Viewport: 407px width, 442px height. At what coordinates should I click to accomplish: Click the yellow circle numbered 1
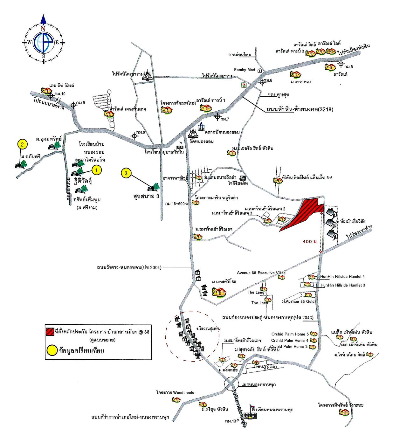[x=97, y=170]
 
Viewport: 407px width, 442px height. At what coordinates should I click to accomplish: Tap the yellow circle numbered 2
[x=22, y=144]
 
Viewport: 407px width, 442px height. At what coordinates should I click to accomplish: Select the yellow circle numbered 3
[x=127, y=173]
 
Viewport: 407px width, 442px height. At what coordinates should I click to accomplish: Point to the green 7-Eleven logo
[x=244, y=85]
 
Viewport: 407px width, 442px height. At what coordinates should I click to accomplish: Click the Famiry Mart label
[x=245, y=70]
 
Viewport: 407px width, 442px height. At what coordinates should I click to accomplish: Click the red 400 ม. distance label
[x=310, y=242]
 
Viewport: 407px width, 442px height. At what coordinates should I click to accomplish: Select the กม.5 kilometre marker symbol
[x=341, y=64]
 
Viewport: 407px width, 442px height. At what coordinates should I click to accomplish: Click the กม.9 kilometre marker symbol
[x=73, y=105]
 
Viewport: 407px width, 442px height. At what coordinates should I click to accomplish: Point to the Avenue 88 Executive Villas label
[x=261, y=273]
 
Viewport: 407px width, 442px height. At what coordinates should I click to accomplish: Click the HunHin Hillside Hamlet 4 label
[x=342, y=277]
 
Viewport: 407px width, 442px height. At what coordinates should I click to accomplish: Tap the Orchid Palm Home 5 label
[x=290, y=334]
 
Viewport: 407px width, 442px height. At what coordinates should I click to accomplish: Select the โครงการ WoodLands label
[x=175, y=393]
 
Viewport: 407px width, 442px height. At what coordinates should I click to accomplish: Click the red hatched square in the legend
[x=50, y=332]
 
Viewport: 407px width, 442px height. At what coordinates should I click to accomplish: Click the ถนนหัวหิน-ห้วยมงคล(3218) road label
[x=300, y=109]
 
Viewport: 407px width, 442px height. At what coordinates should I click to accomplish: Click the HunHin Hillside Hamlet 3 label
[x=342, y=285]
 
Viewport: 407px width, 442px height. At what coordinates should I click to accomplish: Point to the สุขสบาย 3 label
[x=146, y=196]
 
